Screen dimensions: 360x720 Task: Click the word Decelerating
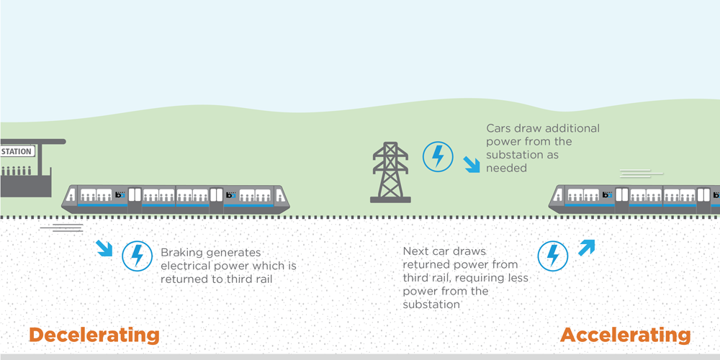tap(94, 335)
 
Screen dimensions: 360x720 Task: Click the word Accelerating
tap(625, 335)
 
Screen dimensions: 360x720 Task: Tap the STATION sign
tap(17, 152)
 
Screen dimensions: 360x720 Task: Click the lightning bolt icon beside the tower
tap(438, 156)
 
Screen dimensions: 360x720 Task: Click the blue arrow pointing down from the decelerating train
tap(104, 249)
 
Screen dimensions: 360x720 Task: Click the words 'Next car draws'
tap(445, 252)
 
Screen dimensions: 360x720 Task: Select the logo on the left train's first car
tap(120, 195)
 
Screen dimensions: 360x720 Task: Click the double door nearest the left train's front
tap(217, 199)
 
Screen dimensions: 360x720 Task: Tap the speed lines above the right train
tap(640, 172)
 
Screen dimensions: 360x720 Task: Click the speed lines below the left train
tap(61, 228)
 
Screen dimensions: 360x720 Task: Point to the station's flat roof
tap(32, 142)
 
